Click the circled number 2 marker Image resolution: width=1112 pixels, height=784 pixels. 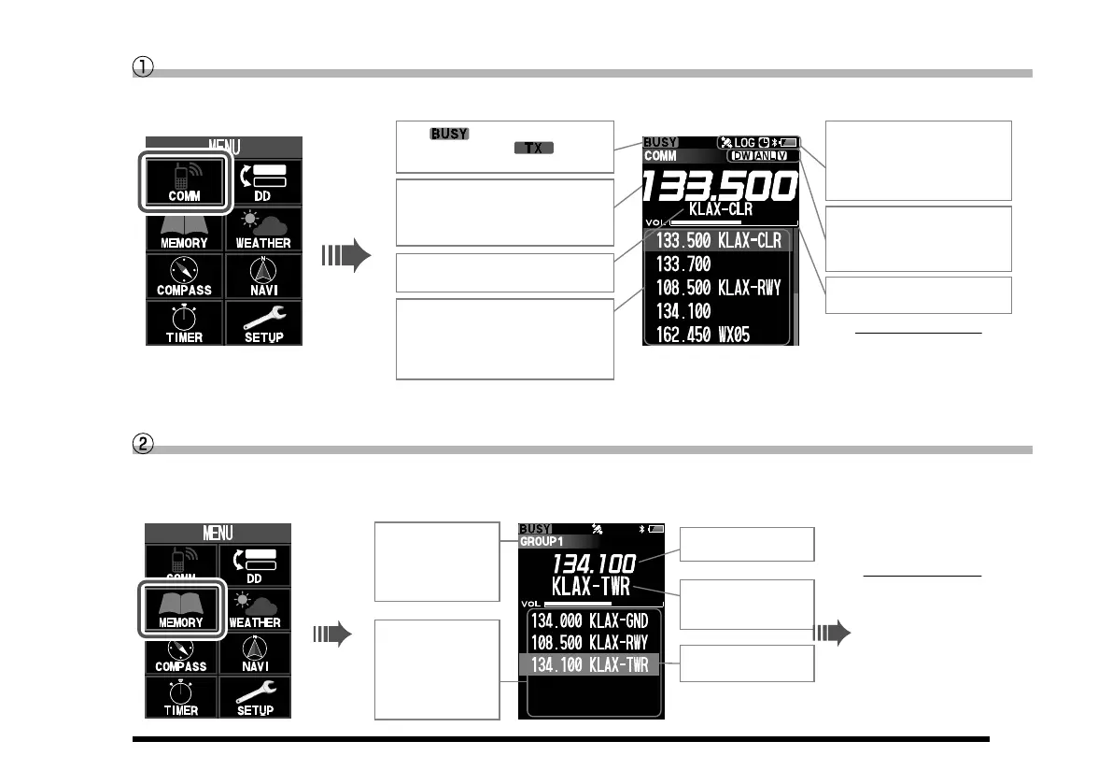(142, 447)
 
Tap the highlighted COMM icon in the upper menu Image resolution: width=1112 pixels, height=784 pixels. (185, 180)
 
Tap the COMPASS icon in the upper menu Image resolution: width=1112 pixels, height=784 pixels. (185, 275)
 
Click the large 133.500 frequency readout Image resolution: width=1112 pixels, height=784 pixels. (719, 188)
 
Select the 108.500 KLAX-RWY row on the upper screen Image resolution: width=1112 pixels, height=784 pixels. (718, 287)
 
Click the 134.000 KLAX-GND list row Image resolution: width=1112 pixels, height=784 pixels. (590, 620)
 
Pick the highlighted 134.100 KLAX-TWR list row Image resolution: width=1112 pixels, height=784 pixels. (590, 665)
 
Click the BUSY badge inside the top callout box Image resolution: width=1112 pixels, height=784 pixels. (449, 134)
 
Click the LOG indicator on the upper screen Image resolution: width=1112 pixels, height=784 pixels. (744, 143)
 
